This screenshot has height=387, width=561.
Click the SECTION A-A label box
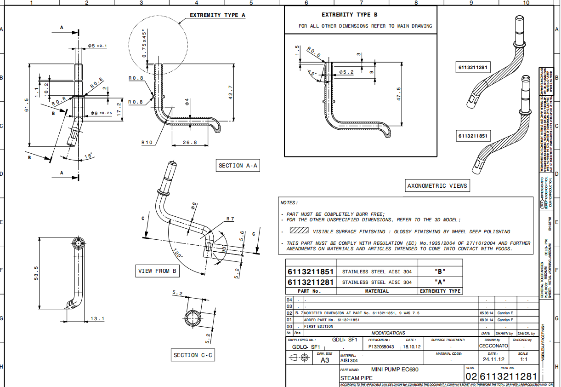(238, 166)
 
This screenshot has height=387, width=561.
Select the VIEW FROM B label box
(157, 271)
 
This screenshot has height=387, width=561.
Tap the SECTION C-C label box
(192, 355)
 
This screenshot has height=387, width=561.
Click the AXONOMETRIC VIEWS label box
(437, 186)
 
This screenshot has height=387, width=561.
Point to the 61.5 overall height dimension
(27, 104)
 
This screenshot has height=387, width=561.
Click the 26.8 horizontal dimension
(189, 143)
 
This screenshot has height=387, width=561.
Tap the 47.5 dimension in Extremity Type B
(398, 94)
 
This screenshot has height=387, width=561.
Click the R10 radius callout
(147, 143)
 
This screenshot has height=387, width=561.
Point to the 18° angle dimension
(88, 156)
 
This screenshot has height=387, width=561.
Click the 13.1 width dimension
(97, 318)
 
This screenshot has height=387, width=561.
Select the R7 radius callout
(230, 219)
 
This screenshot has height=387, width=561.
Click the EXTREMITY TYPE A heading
(217, 15)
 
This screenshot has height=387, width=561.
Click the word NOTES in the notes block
(289, 202)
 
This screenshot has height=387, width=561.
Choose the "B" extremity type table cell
(440, 271)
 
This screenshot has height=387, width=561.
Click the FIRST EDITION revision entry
(318, 326)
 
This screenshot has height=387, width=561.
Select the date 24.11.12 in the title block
(493, 360)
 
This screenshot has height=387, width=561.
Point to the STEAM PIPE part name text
(353, 378)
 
